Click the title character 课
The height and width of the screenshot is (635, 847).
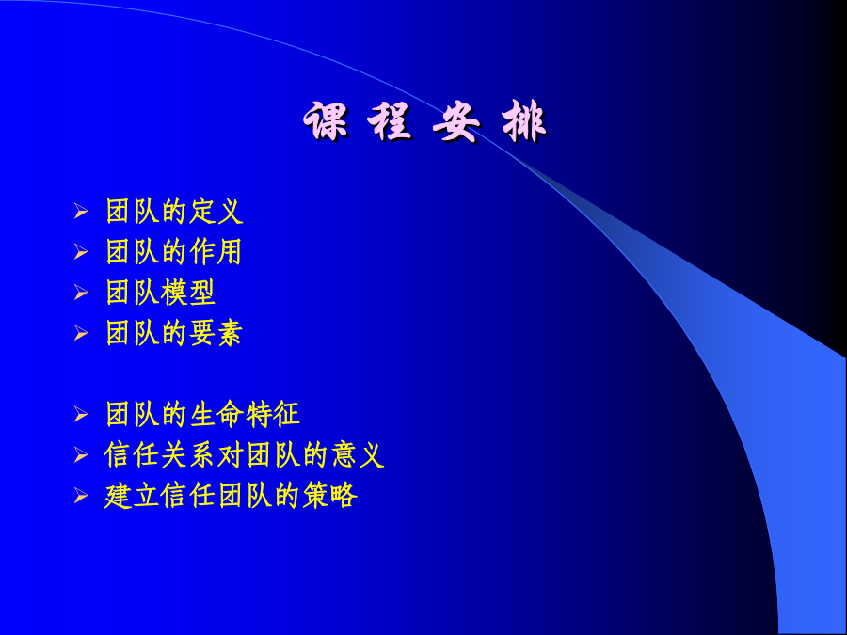[327, 121]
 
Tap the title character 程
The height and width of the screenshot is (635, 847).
[390, 121]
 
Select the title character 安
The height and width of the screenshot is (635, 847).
[456, 121]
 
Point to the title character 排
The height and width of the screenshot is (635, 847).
[524, 121]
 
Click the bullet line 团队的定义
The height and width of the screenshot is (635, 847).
[174, 211]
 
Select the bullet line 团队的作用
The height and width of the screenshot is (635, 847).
[174, 252]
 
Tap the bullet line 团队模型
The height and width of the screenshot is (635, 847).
[160, 293]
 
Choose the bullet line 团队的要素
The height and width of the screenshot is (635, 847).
[174, 333]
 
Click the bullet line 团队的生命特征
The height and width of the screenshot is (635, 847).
[202, 415]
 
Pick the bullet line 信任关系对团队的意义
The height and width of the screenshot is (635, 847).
[244, 455]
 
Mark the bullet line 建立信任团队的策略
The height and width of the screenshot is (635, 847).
[231, 496]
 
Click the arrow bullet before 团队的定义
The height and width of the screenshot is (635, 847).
[81, 211]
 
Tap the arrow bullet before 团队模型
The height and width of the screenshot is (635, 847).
[81, 293]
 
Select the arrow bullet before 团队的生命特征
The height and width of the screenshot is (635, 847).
[81, 415]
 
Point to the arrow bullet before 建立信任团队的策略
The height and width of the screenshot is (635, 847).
[81, 496]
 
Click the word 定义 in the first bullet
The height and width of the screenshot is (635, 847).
[216, 211]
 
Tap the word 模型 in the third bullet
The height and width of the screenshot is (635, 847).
[188, 293]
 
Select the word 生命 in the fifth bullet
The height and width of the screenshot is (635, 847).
[216, 415]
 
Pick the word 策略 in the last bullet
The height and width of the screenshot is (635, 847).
[330, 496]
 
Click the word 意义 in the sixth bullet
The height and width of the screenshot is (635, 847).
[358, 455]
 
